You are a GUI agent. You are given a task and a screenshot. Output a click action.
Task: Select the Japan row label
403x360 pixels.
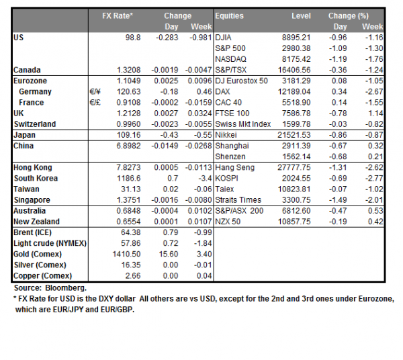[24, 135]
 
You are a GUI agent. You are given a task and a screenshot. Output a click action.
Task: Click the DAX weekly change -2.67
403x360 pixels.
[373, 91]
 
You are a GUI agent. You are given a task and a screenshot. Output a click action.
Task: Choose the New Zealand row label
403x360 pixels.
[36, 222]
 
